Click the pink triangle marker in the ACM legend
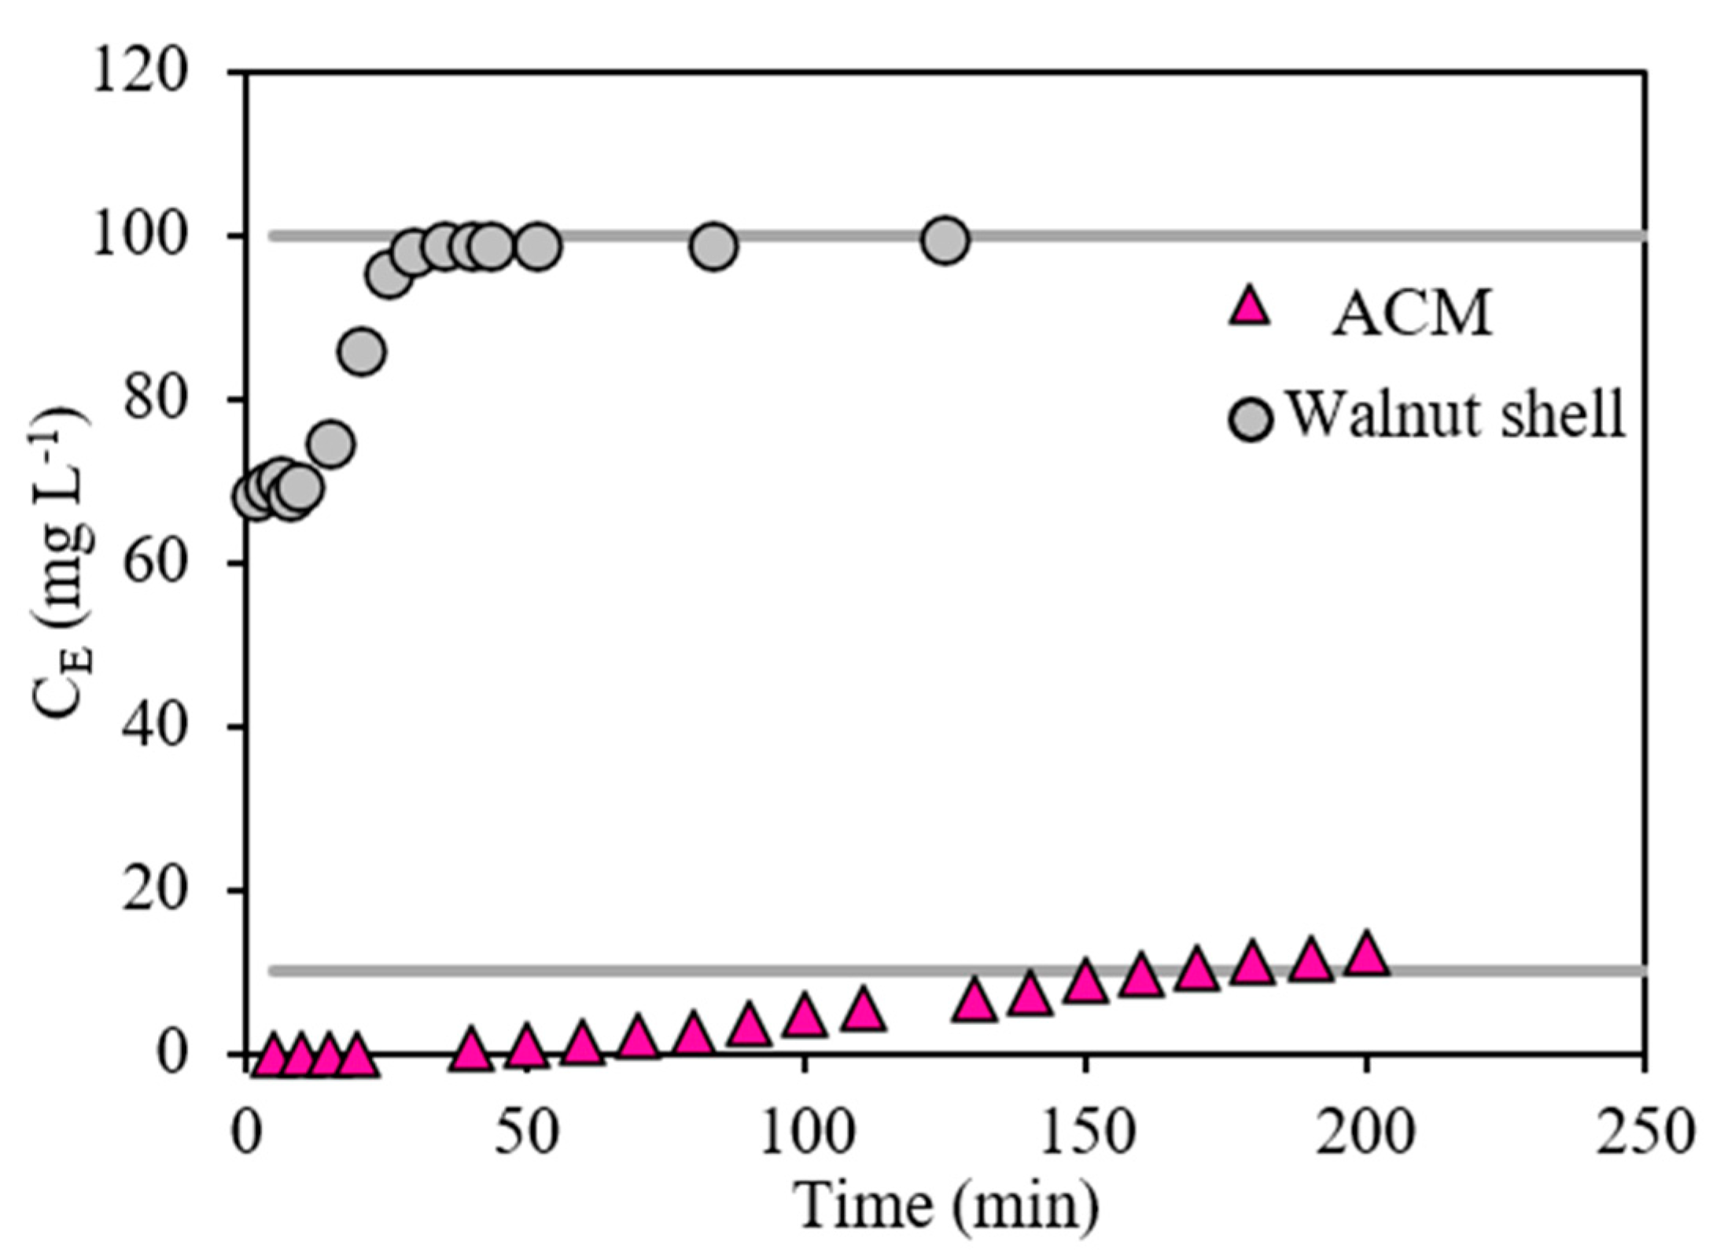click(1249, 308)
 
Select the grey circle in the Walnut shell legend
click(1250, 418)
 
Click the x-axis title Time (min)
click(946, 1206)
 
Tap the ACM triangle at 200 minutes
click(1366, 955)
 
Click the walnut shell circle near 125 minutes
click(945, 240)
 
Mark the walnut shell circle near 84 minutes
click(713, 247)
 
